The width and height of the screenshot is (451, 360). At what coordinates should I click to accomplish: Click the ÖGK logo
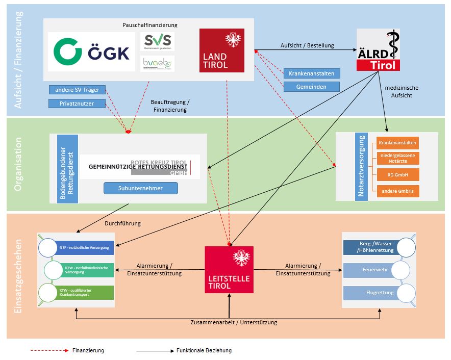pyautogui.click(x=92, y=52)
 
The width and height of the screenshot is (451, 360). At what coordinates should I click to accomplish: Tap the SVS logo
pyautogui.click(x=157, y=41)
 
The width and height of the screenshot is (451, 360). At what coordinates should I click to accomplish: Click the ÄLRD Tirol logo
pyautogui.click(x=378, y=50)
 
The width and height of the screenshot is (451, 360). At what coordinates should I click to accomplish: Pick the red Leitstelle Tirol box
pyautogui.click(x=229, y=269)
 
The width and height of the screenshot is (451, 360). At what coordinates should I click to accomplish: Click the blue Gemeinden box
pyautogui.click(x=311, y=87)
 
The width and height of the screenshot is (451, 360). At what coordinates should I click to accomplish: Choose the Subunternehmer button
pyautogui.click(x=141, y=188)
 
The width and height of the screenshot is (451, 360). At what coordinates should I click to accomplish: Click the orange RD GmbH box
pyautogui.click(x=398, y=175)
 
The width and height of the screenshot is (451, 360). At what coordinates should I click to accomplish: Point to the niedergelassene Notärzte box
pyautogui.click(x=398, y=158)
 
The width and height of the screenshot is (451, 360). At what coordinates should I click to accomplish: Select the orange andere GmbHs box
pyautogui.click(x=398, y=192)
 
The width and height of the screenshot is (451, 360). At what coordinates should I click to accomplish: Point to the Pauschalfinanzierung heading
pyautogui.click(x=150, y=24)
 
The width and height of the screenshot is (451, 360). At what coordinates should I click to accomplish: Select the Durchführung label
pyautogui.click(x=122, y=223)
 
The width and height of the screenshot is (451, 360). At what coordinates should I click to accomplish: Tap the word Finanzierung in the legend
pyautogui.click(x=88, y=351)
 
